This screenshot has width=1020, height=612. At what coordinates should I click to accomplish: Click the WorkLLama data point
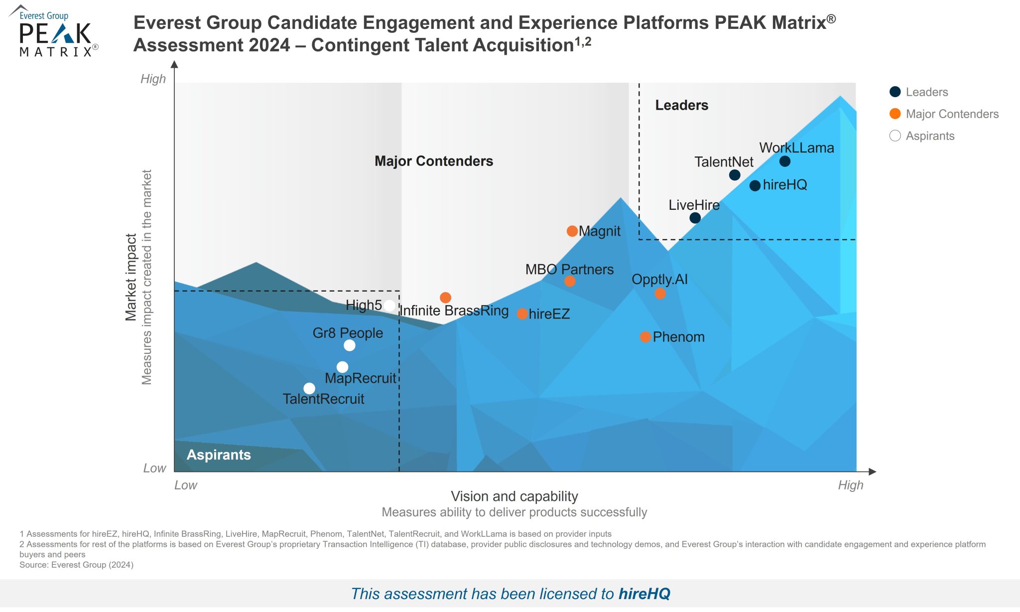point(785,161)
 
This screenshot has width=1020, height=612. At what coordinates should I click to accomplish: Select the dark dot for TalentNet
point(735,175)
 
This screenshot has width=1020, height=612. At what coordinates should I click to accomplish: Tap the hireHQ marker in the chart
point(755,186)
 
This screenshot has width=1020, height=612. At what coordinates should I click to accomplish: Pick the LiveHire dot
point(695,218)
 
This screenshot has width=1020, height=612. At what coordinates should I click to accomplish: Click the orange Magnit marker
point(572,231)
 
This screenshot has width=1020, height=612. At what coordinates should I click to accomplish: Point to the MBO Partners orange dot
point(570,281)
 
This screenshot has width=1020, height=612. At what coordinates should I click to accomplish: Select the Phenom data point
point(645,337)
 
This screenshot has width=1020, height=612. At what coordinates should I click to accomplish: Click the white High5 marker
point(389,306)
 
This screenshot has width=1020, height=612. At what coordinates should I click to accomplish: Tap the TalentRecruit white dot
point(309,388)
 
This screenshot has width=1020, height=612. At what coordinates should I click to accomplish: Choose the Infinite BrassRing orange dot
point(446,298)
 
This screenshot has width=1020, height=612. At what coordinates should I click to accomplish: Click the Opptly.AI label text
point(659,279)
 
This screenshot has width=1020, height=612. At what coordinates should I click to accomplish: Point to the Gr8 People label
point(348,333)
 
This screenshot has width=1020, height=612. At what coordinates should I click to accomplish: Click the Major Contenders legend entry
point(952,114)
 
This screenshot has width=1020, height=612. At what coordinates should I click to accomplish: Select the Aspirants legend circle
point(895,136)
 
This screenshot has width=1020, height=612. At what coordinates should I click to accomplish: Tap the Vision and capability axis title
point(514,496)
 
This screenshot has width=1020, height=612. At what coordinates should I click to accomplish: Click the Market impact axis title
point(131,277)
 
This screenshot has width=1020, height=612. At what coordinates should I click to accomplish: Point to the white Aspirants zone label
point(219,455)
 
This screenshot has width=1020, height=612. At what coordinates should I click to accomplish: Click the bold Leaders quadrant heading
point(681,105)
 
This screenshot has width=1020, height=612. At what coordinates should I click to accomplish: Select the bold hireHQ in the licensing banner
point(644,594)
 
